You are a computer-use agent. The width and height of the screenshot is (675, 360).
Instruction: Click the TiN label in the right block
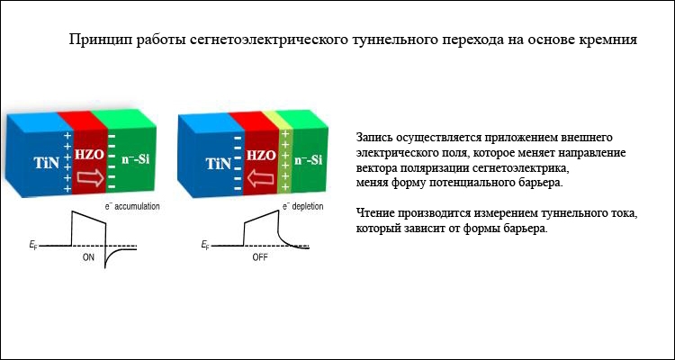pyautogui.click(x=219, y=163)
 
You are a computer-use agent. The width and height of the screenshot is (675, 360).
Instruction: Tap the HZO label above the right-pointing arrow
pyautogui.click(x=90, y=155)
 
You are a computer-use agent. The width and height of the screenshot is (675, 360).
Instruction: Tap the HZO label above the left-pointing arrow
pyautogui.click(x=261, y=156)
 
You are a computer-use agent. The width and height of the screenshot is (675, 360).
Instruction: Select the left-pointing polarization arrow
pyautogui.click(x=262, y=178)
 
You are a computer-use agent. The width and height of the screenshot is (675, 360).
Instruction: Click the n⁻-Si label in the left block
pyautogui.click(x=135, y=159)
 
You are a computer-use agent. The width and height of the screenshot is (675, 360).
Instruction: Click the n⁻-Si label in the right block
pyautogui.click(x=308, y=160)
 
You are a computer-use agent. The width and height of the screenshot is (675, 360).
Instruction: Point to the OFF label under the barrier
pyautogui.click(x=260, y=258)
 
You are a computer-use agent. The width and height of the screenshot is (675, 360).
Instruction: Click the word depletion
pyautogui.click(x=308, y=207)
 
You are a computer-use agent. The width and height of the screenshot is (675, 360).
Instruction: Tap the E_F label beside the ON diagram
pyautogui.click(x=33, y=246)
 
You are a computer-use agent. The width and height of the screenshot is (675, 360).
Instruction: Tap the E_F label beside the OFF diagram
pyautogui.click(x=205, y=246)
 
